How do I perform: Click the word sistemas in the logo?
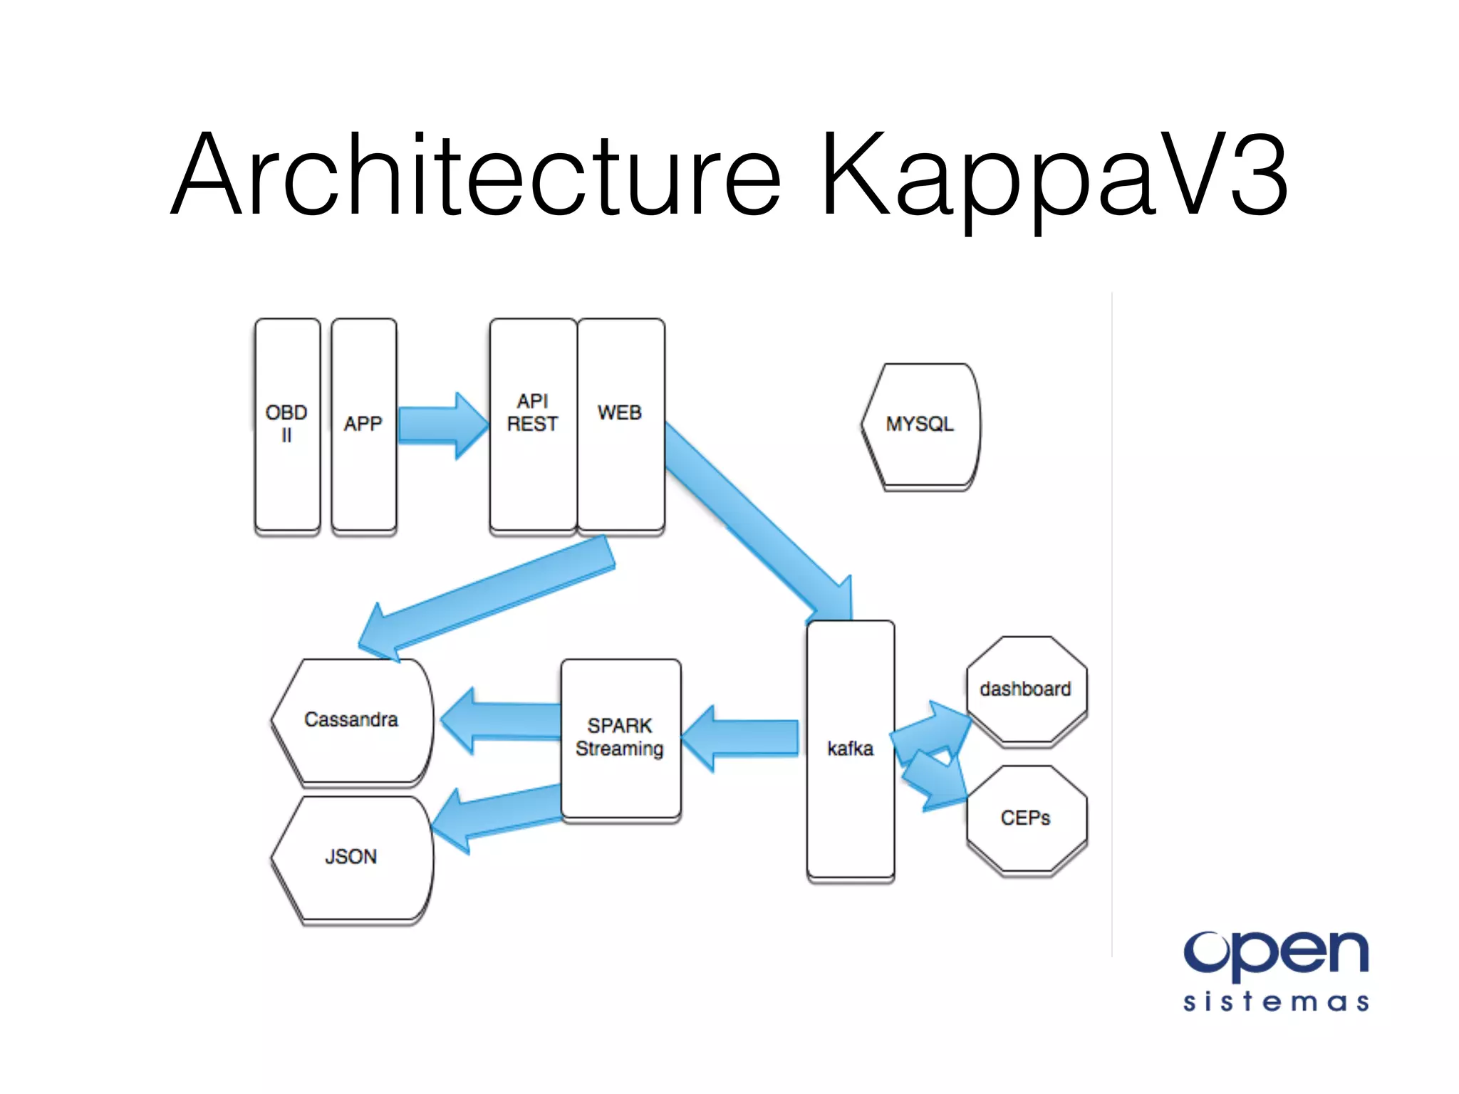[1275, 1001]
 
